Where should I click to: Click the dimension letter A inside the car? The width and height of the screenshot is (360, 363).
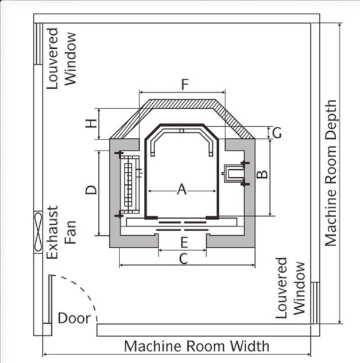coord(182,189)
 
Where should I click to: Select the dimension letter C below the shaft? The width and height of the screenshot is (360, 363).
coord(184,259)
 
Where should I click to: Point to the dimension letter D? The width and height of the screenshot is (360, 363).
coord(91,190)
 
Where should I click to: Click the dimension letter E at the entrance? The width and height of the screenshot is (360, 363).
coord(184,243)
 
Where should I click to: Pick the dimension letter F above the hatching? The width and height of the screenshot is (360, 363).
coord(185,84)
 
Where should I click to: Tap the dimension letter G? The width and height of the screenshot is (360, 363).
coord(277,133)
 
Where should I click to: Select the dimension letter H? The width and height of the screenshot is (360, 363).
coord(91,123)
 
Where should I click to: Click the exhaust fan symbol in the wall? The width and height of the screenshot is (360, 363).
coord(38,232)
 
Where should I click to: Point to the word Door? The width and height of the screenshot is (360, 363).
coord(74,318)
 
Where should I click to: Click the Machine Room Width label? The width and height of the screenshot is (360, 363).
coord(196,346)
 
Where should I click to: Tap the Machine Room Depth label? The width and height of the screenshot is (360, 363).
coord(331,173)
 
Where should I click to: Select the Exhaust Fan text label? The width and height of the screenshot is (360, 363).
coord(61,232)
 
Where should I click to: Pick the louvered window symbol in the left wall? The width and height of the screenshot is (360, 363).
coord(38,44)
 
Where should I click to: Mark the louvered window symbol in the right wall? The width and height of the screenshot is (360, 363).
coord(315,303)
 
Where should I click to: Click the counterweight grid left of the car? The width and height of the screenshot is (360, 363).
coord(130,184)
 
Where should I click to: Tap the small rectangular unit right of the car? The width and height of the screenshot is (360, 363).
coord(234,174)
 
